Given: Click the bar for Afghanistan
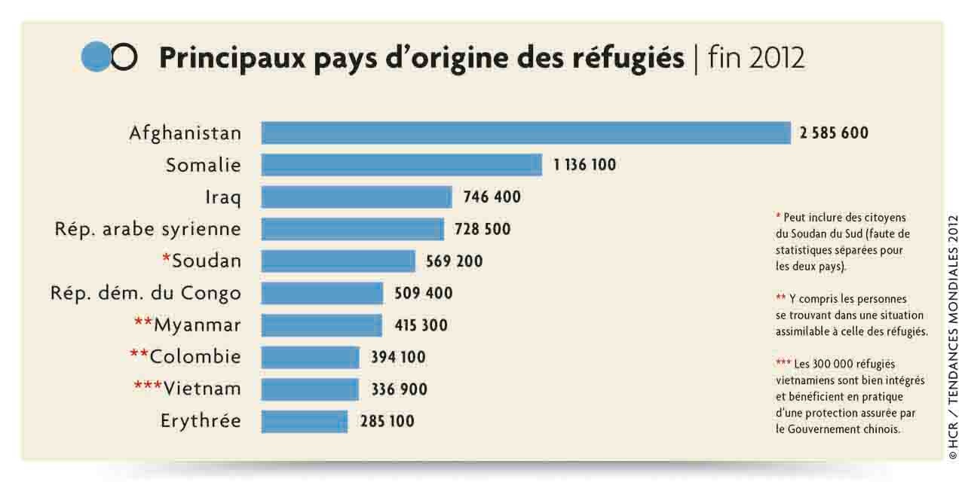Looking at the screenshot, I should [x=525, y=133].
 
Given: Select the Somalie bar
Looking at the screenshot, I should [x=401, y=165].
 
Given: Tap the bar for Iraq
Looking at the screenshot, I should [x=356, y=197].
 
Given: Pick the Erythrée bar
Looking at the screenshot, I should [x=304, y=421].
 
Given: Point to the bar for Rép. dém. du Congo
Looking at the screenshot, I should [x=322, y=293].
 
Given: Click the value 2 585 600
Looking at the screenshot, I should [x=834, y=133].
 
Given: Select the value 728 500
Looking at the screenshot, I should [x=482, y=229].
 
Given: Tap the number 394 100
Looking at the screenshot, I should [x=398, y=357].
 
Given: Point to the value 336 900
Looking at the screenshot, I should [x=399, y=389].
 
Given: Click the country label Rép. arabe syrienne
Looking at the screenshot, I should [x=148, y=229].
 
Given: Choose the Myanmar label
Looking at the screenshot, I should [x=198, y=325].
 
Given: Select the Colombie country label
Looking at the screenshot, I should [x=195, y=356].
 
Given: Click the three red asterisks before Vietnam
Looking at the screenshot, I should [x=148, y=386].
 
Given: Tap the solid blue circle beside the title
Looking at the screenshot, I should [x=96, y=57].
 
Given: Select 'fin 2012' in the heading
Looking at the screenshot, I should [x=756, y=58].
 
